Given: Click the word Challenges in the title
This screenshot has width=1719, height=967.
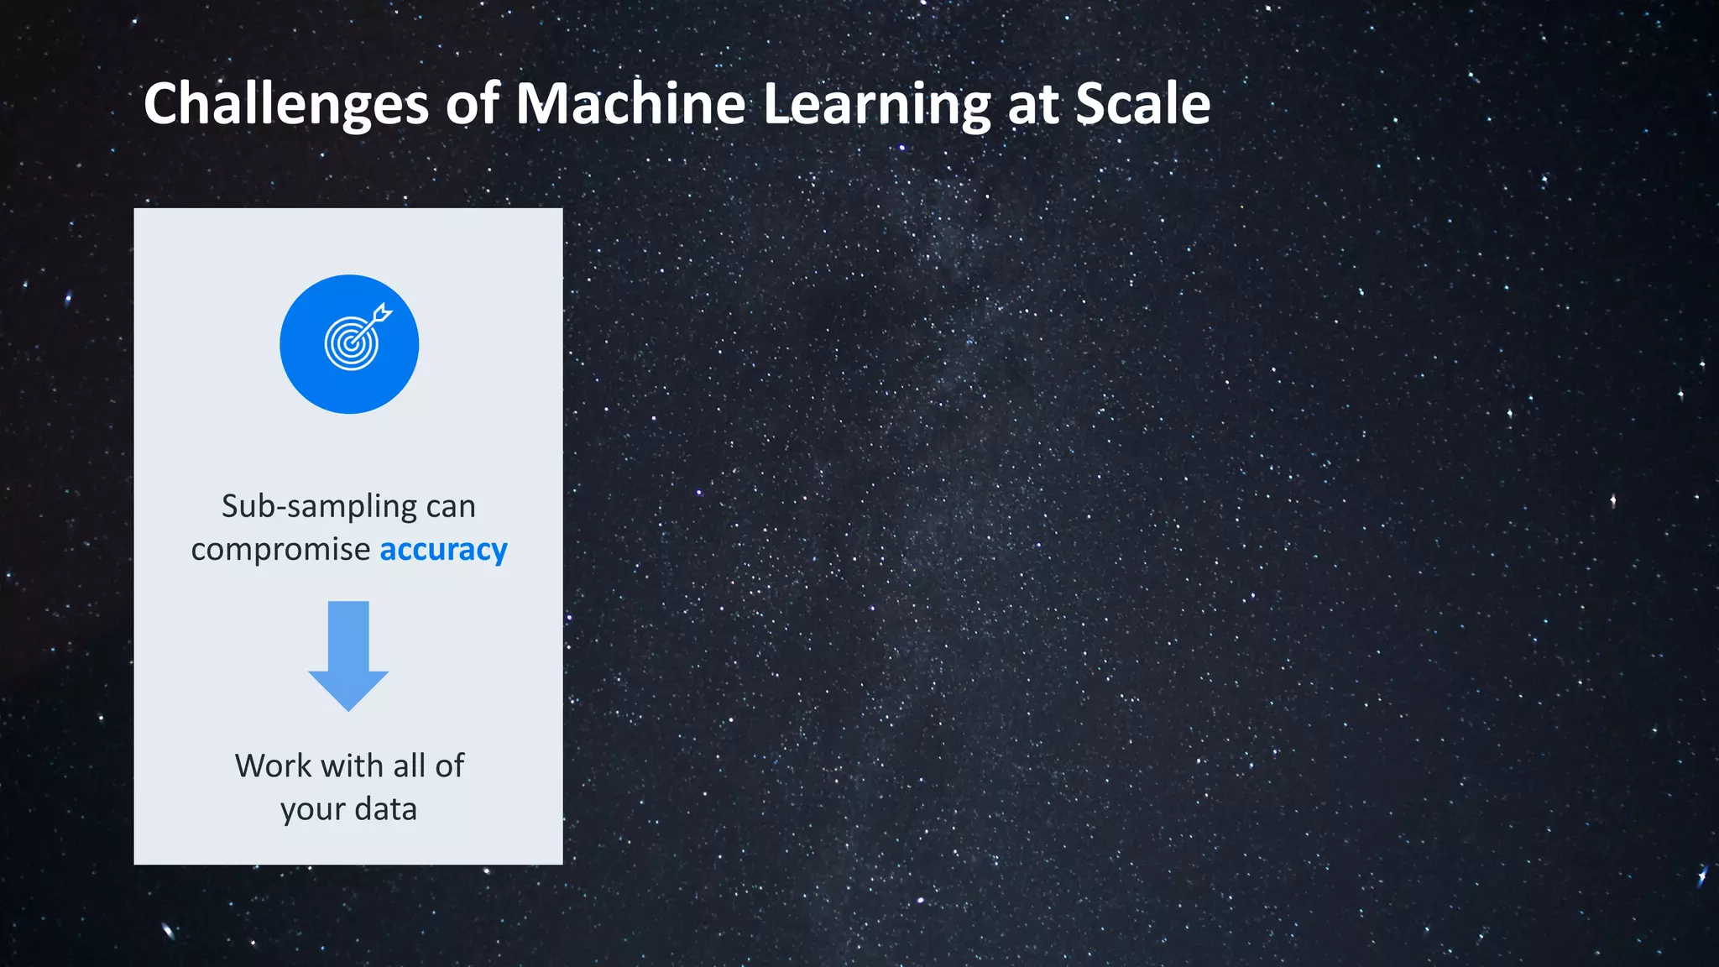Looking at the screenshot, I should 286,105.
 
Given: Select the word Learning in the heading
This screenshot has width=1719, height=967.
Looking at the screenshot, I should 877,105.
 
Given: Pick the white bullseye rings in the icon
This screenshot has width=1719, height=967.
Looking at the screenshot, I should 350,344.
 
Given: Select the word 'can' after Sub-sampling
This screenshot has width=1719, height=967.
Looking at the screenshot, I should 451,507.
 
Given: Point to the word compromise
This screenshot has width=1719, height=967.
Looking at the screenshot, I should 280,551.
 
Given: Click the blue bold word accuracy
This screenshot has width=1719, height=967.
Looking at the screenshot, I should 443,550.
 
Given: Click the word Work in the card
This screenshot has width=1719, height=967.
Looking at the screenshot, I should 273,766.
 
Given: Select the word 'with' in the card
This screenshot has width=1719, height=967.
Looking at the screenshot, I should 353,766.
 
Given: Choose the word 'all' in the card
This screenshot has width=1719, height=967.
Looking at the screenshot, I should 409,766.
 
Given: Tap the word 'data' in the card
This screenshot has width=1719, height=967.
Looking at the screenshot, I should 385,809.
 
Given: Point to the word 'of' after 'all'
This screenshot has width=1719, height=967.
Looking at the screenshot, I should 449,766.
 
